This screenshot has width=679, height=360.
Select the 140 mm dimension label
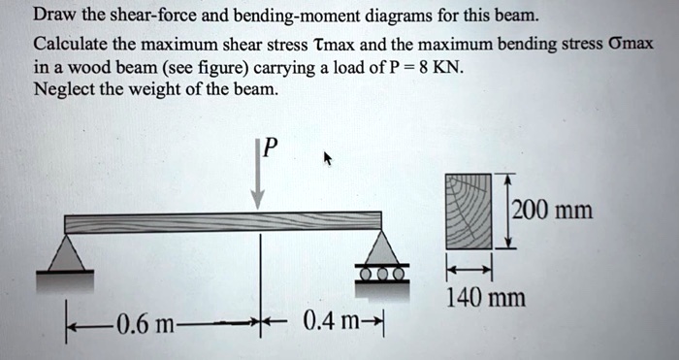click(x=485, y=296)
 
